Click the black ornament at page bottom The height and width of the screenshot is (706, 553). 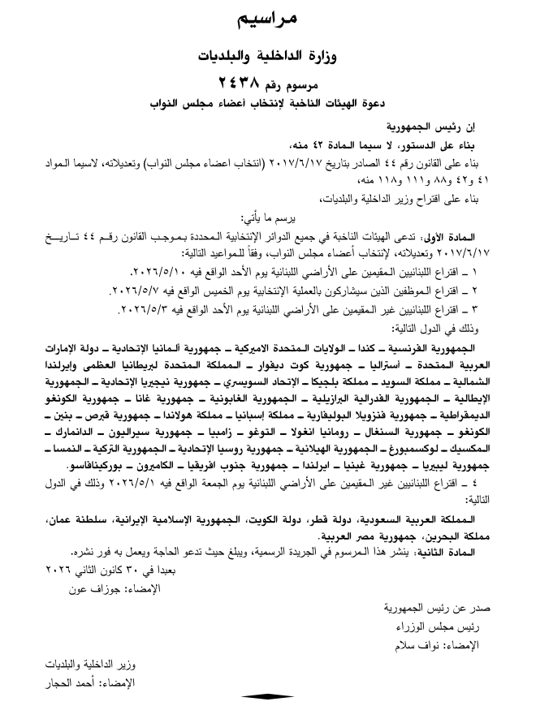coord(268,696)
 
